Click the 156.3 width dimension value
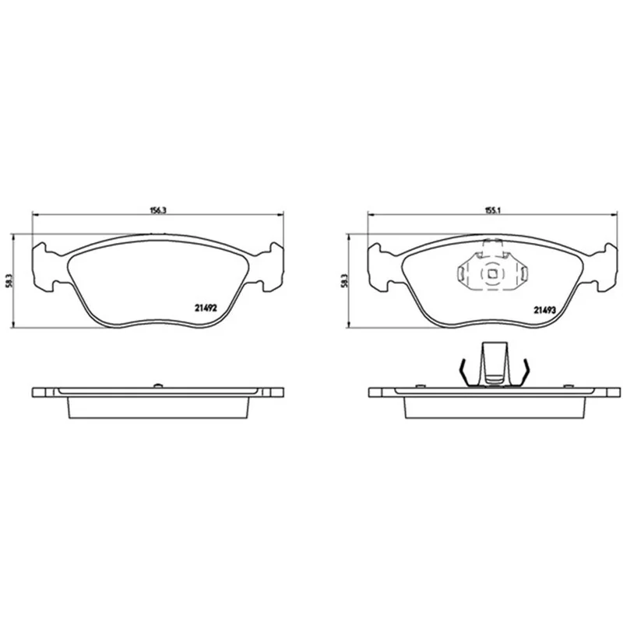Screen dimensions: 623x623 tap(158, 210)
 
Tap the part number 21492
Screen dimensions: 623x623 tap(206, 308)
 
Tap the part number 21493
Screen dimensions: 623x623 tap(544, 310)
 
